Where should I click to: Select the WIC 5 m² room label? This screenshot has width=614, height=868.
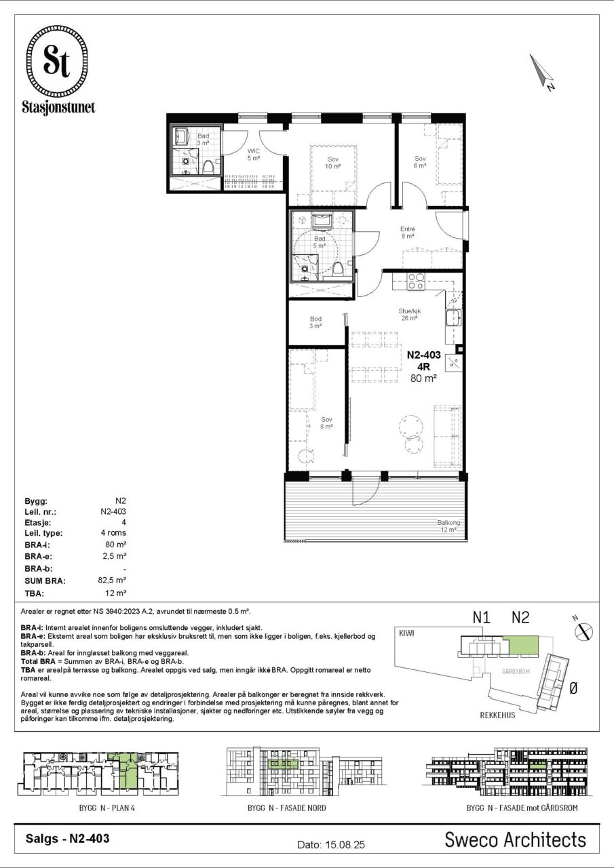(254, 154)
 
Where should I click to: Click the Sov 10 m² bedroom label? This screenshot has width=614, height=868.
(332, 163)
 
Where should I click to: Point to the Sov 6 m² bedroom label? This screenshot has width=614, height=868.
(420, 161)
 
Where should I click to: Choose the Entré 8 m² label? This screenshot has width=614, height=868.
(408, 232)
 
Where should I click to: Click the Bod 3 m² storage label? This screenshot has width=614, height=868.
(315, 322)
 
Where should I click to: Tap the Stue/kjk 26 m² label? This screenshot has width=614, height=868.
(409, 314)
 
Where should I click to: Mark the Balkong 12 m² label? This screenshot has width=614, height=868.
(448, 526)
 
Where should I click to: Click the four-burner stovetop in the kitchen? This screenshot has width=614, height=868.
(415, 281)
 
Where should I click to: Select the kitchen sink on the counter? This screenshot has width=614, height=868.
(453, 319)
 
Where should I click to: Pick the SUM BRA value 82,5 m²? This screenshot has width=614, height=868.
(112, 580)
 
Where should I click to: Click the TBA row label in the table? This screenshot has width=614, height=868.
(35, 593)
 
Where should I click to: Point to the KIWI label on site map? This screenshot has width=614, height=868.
(406, 633)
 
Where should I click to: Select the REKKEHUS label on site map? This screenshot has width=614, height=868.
(498, 715)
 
